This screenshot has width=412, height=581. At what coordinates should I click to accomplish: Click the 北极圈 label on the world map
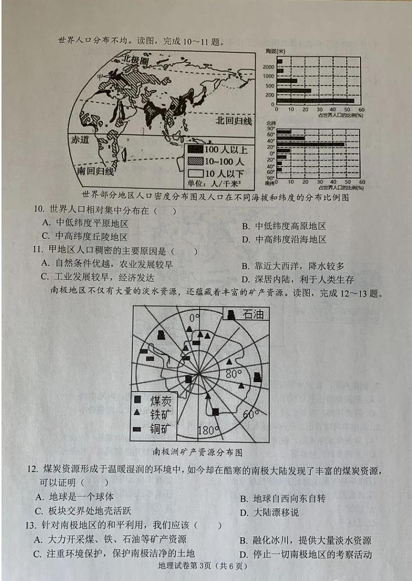pos(135,60)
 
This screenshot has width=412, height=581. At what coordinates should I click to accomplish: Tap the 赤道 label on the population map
pos(83,140)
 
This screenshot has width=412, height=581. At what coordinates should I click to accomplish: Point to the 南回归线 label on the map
pos(95,171)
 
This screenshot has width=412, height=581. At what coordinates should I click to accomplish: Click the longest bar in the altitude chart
pos(315,101)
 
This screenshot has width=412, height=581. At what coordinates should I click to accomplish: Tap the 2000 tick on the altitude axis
pos(269,67)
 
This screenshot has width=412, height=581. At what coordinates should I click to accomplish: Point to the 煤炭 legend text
pos(161,400)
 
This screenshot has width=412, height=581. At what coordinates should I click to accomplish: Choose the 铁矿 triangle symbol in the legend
pos(138,413)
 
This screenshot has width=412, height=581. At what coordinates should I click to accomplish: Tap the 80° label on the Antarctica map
pos(233,374)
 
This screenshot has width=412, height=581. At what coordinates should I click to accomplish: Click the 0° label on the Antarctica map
pos(194,317)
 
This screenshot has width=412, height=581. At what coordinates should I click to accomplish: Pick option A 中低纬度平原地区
pos(85,224)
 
